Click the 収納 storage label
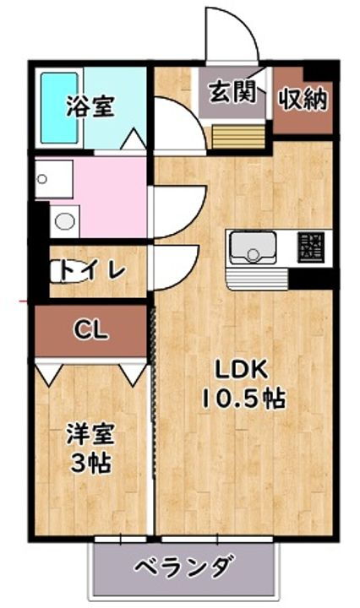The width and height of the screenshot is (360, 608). [x=303, y=98]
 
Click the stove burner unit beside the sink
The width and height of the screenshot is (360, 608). [x=310, y=246]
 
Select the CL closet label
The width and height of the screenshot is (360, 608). [x=90, y=330]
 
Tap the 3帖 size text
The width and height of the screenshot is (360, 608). [x=90, y=463]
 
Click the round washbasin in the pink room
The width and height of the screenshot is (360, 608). [x=63, y=222]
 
